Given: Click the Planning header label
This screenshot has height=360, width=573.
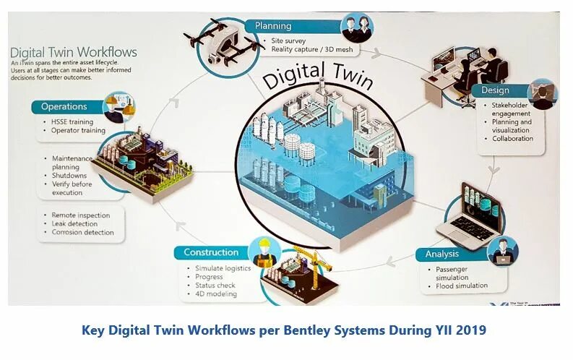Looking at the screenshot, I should coord(272,26).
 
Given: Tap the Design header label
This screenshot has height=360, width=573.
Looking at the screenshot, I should coord(494,90).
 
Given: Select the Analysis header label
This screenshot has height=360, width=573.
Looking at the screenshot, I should coord(441,254).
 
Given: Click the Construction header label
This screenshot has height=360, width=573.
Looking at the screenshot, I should coord(211,252).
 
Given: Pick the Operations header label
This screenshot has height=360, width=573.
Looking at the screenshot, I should coord(64,106).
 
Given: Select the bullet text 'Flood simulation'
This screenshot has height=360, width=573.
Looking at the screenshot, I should coord(462,286).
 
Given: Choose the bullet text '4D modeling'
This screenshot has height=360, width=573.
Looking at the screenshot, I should coord(216,294).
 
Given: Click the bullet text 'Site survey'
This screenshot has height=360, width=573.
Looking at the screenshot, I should coord(287,40).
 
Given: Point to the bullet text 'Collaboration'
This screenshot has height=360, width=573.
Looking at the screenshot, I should coord(512,139).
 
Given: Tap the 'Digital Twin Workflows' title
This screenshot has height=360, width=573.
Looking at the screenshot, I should coord(73,53).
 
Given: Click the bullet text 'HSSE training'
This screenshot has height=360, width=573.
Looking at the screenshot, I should coord(72,121).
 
